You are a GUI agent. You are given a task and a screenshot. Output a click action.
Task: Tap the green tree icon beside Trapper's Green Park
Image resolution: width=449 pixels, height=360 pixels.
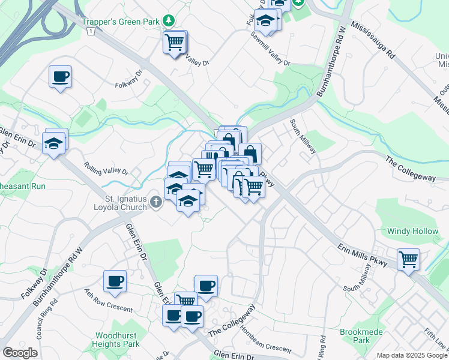click(x=169, y=20)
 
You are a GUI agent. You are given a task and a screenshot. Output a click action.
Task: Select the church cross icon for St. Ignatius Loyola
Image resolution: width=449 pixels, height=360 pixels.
click(x=156, y=202)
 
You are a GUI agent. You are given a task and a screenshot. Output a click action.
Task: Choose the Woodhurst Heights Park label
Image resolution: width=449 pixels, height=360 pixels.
click(x=116, y=340)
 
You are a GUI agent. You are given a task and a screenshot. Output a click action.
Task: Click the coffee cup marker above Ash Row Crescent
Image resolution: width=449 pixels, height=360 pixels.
click(x=115, y=281)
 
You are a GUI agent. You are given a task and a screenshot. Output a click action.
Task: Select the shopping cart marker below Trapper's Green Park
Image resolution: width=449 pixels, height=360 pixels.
click(x=175, y=42)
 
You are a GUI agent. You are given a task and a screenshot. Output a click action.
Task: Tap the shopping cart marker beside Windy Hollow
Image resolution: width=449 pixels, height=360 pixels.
click(x=409, y=259)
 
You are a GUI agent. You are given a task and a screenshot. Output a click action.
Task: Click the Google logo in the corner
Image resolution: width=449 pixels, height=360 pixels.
click(x=20, y=353)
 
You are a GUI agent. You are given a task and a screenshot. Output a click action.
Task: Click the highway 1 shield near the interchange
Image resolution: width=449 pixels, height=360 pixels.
click(x=89, y=31)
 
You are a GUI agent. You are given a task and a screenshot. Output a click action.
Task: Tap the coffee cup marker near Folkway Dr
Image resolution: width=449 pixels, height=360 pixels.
click(x=60, y=77)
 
